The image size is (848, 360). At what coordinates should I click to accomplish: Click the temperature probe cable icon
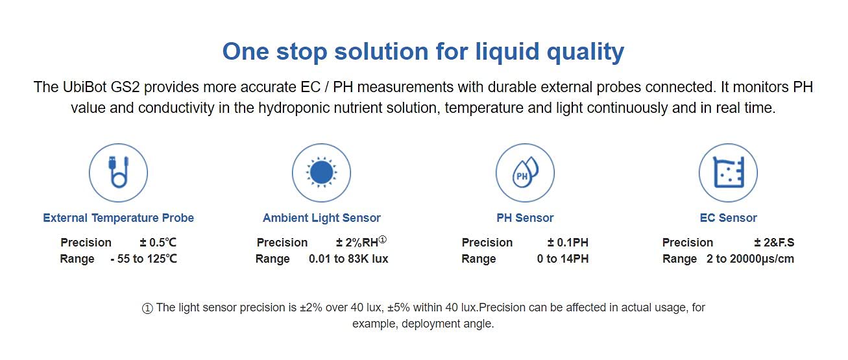pyautogui.click(x=118, y=173)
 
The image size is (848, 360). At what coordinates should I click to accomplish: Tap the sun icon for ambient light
pyautogui.click(x=321, y=173)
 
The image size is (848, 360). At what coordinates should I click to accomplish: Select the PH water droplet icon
pyautogui.click(x=525, y=173)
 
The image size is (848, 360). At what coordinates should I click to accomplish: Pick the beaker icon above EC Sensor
pyautogui.click(x=728, y=173)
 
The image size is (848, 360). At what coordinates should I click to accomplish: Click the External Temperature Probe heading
pyautogui.click(x=118, y=218)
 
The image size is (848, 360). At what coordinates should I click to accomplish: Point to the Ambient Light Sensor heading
pyautogui.click(x=321, y=218)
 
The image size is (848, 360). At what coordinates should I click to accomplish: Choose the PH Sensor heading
pyautogui.click(x=525, y=218)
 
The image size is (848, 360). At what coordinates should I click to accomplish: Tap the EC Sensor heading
pyautogui.click(x=728, y=218)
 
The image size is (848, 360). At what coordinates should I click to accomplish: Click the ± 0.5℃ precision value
pyautogui.click(x=158, y=243)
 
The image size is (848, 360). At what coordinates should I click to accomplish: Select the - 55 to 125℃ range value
pyautogui.click(x=143, y=259)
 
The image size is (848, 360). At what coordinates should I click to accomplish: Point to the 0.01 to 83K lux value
pyautogui.click(x=348, y=259)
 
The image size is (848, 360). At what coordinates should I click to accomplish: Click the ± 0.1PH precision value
pyautogui.click(x=568, y=243)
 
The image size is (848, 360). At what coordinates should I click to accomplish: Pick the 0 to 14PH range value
pyautogui.click(x=563, y=259)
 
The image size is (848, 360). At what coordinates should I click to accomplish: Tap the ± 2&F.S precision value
pyautogui.click(x=774, y=243)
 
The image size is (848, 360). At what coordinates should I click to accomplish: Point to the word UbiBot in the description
pyautogui.click(x=86, y=88)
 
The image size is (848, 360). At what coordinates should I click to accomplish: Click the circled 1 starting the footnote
pyautogui.click(x=147, y=308)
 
